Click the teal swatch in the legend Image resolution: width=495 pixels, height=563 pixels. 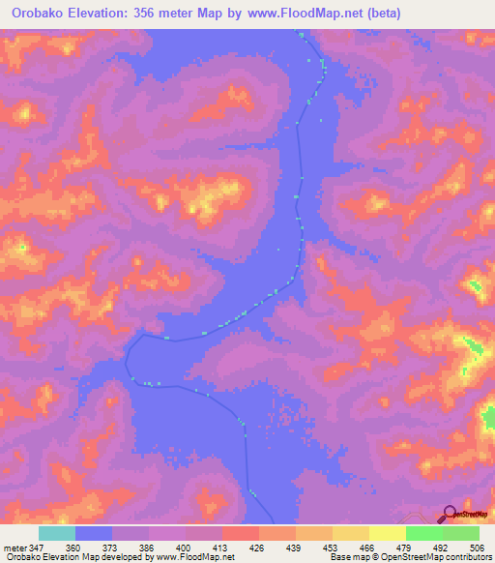(x=57, y=534)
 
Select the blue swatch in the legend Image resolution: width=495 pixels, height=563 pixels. (x=94, y=534)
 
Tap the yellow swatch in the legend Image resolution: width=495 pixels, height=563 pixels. (x=388, y=534)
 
